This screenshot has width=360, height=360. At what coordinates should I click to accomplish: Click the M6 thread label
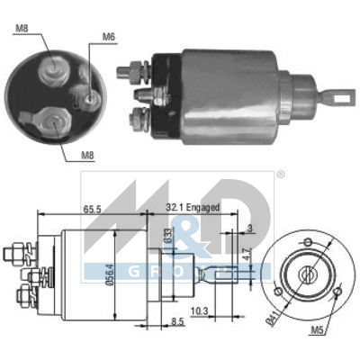(x=108, y=37)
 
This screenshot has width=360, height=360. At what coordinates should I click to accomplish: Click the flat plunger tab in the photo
(x=340, y=92)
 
